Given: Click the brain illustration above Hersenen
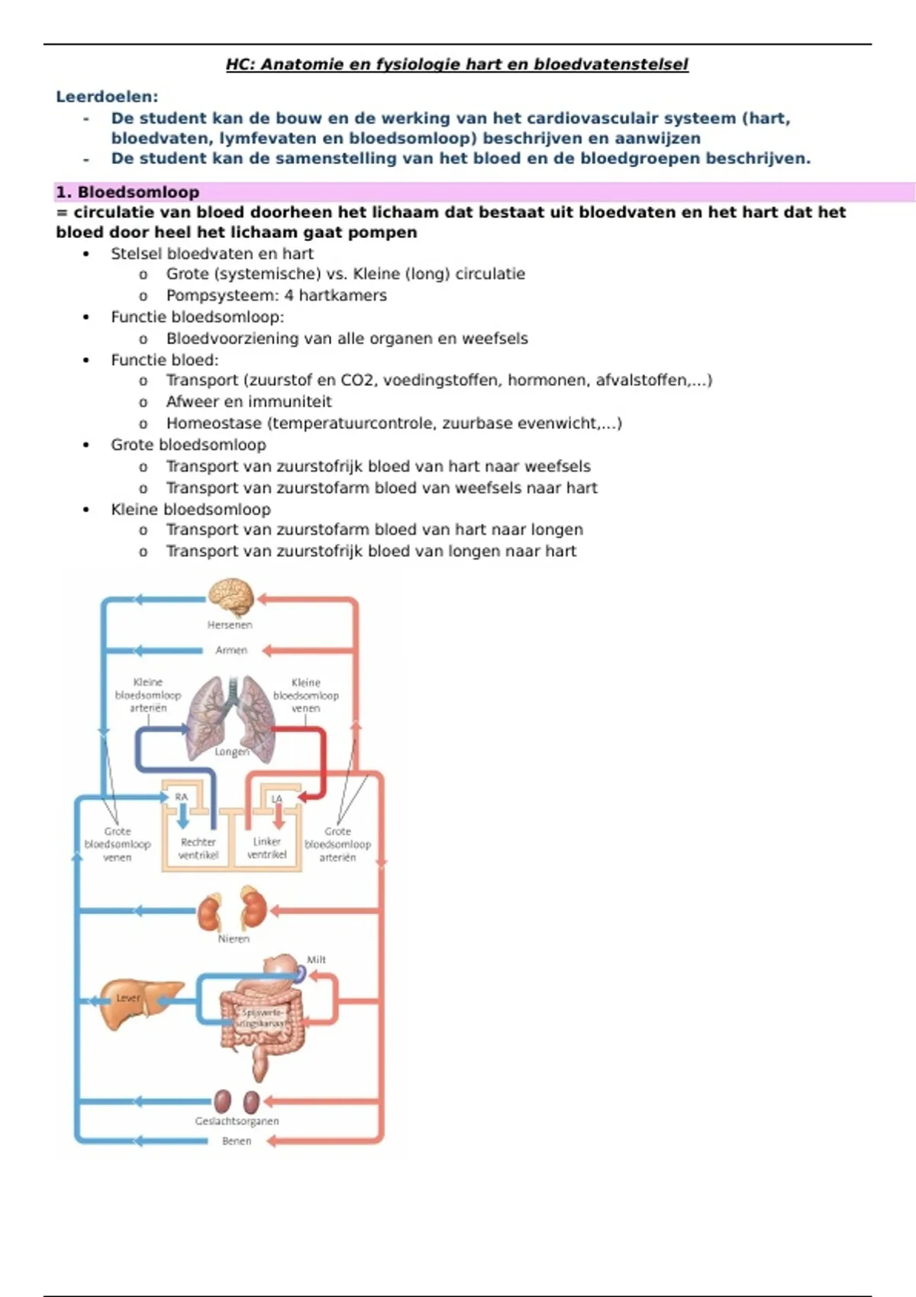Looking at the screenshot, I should [231, 597].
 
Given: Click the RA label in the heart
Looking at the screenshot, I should [181, 797].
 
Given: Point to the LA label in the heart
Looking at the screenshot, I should [277, 799].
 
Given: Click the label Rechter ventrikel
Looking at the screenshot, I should [198, 848].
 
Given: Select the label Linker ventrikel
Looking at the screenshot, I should [266, 848].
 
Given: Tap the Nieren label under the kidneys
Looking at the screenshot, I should [234, 939].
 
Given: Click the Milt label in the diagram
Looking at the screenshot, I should [316, 960].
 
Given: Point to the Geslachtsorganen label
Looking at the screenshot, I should [237, 1121].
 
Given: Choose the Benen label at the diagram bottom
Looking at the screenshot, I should [237, 1141].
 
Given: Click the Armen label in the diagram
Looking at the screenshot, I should [231, 650].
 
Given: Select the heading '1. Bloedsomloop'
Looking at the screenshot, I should [127, 192].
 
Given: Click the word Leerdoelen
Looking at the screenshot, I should [107, 97].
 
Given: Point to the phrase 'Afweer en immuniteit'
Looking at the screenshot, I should [249, 401].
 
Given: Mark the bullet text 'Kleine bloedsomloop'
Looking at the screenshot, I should [190, 509].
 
